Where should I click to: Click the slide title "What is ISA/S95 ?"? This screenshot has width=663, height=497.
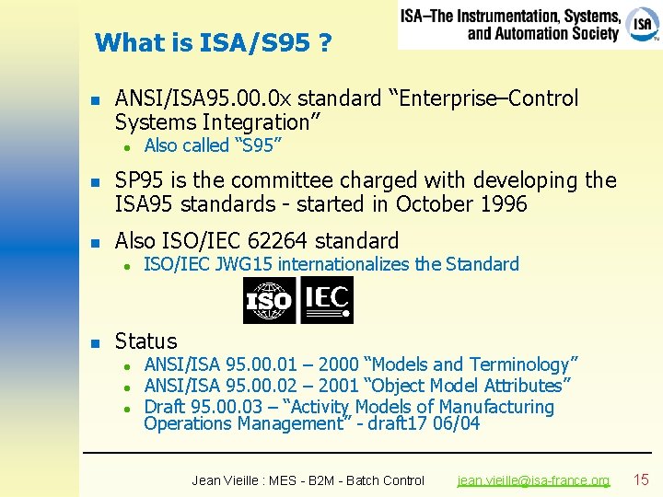click(x=214, y=42)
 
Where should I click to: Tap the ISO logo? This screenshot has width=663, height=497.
click(x=269, y=300)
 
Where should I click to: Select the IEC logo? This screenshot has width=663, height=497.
click(x=327, y=300)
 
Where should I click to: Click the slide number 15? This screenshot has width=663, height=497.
click(x=642, y=480)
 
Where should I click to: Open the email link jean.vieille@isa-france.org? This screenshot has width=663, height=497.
click(x=534, y=480)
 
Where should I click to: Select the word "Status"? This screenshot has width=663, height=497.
click(x=145, y=341)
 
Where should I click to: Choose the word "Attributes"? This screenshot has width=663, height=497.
click(x=522, y=386)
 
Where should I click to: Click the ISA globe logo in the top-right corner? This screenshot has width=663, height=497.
click(x=642, y=24)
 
